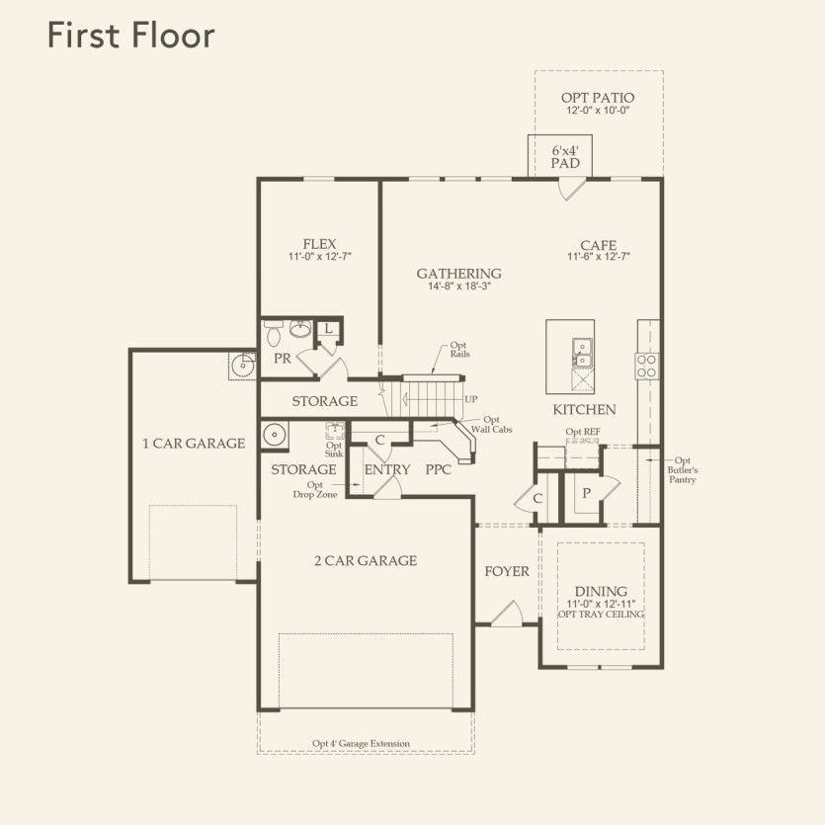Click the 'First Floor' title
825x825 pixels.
pyautogui.click(x=130, y=36)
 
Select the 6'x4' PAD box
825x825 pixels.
pyautogui.click(x=565, y=156)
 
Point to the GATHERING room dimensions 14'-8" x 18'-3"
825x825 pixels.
pyautogui.click(x=458, y=287)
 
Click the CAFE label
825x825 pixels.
pyautogui.click(x=598, y=245)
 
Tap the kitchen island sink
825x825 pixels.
pyautogui.click(x=581, y=346)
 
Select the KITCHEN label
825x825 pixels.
pyautogui.click(x=584, y=409)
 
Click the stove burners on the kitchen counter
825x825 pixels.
pyautogui.click(x=648, y=366)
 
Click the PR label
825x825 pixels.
pyautogui.click(x=283, y=359)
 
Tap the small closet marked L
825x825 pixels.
pyautogui.click(x=328, y=330)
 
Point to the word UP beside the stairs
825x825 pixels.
pyautogui.click(x=471, y=399)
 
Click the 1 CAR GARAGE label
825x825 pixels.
pyautogui.click(x=193, y=444)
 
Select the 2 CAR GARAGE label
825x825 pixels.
pyautogui.click(x=366, y=561)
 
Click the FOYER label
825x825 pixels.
pyautogui.click(x=507, y=571)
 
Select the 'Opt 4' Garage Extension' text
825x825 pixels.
pyautogui.click(x=361, y=744)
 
